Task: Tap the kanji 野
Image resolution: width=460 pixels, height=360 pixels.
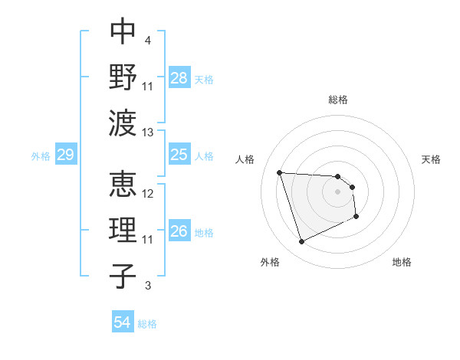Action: [123, 76]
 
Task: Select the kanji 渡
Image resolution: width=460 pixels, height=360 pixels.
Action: [123, 123]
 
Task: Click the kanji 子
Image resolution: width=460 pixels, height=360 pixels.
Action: [123, 277]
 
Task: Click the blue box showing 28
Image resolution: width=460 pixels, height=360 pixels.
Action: [179, 77]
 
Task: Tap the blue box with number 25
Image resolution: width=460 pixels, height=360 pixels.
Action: [179, 155]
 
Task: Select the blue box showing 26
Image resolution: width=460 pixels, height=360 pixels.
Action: [179, 232]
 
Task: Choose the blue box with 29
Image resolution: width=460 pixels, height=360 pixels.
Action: [65, 155]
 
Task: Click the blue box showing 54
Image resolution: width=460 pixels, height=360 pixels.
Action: [123, 322]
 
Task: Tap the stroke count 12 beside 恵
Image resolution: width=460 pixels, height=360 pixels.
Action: [148, 194]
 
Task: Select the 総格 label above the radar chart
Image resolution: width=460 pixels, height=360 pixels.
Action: [337, 100]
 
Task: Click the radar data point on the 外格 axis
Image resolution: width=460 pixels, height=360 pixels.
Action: [301, 242]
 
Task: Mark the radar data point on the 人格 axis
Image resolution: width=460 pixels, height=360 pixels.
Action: [280, 172]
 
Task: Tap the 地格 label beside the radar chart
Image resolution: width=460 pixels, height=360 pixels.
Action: [402, 262]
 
